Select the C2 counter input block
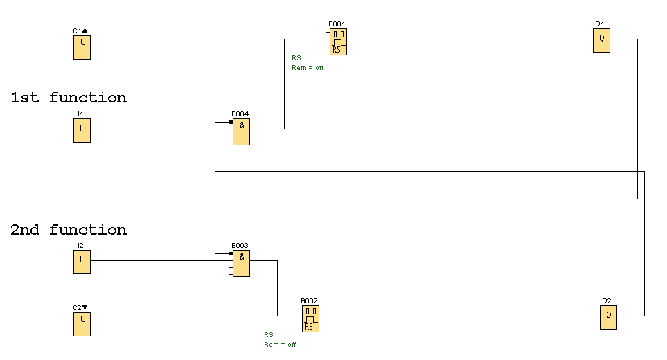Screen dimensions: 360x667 (x=82, y=323)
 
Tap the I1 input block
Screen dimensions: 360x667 (x=82, y=129)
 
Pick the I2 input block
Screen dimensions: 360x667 (x=82, y=262)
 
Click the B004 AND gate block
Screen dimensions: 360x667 (x=241, y=132)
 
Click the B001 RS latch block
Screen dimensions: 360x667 (x=338, y=42)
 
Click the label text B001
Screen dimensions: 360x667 (x=337, y=24)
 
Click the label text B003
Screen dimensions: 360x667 (x=240, y=246)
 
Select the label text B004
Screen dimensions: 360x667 (x=240, y=114)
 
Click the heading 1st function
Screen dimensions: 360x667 (x=69, y=98)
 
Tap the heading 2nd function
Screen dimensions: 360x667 (x=69, y=230)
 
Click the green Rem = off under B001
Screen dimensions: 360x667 (x=308, y=68)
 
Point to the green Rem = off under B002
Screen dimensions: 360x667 (x=280, y=345)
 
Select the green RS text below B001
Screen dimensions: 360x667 (x=296, y=57)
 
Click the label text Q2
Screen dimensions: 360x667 (x=607, y=301)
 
